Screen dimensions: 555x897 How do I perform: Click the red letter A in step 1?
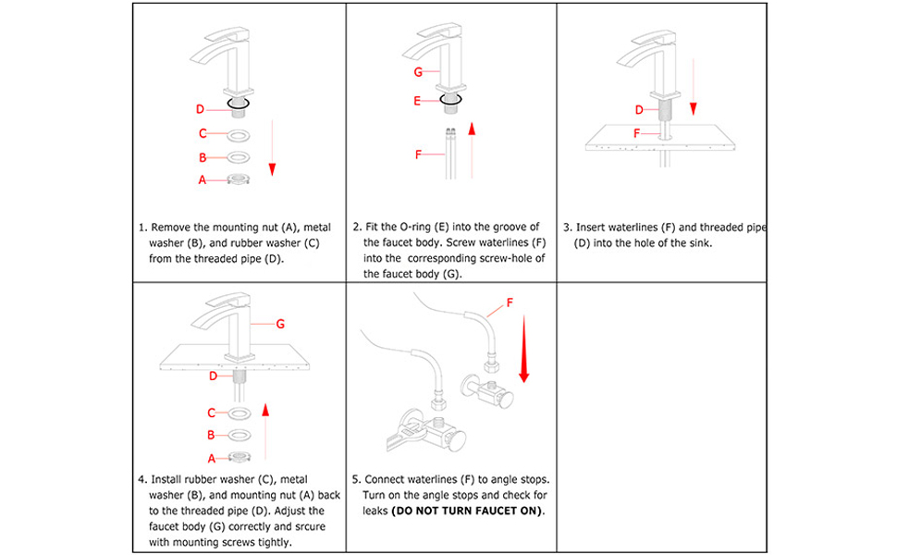tap(203, 180)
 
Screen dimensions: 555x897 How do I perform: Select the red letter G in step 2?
tap(419, 71)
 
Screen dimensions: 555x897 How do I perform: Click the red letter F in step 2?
tap(419, 154)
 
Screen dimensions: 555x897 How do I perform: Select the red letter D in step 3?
tap(638, 110)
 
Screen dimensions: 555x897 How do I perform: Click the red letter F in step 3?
tap(637, 133)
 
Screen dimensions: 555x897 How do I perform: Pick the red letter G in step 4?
tap(280, 324)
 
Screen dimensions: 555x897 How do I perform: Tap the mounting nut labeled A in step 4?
tap(240, 457)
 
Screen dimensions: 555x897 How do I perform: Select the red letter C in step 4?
tap(212, 413)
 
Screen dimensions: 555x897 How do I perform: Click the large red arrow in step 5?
tap(524, 348)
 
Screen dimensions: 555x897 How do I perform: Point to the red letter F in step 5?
tap(509, 302)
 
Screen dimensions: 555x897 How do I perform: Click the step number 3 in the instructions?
tap(567, 228)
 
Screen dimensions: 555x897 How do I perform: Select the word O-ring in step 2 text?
tap(428, 227)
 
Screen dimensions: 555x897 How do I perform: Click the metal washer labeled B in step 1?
tap(240, 157)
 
